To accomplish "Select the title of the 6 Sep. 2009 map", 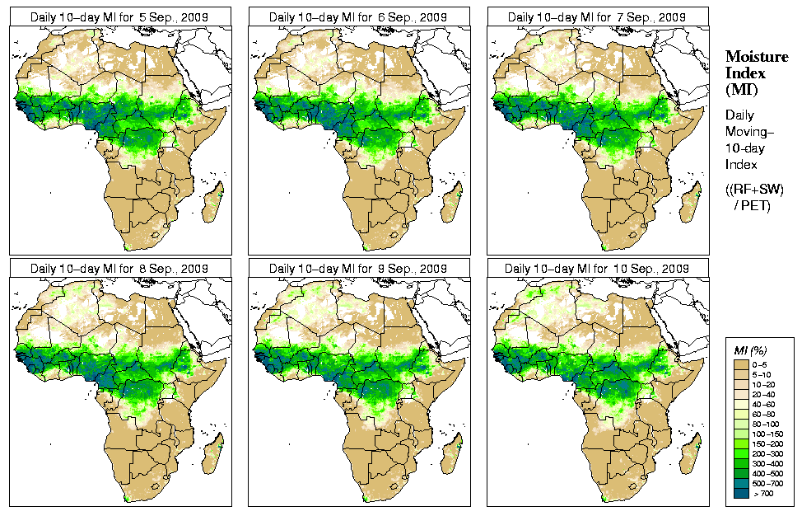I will [358, 16].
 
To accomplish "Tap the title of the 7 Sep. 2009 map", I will [597, 16].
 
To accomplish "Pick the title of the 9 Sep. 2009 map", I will [358, 269].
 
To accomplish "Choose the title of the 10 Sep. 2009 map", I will [597, 269].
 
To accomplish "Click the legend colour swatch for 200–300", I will [741, 453].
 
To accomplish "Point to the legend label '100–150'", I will [770, 433].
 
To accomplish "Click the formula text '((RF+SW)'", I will [754, 190].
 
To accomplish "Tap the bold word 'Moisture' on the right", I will [753, 57].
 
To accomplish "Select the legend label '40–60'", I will [768, 403].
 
